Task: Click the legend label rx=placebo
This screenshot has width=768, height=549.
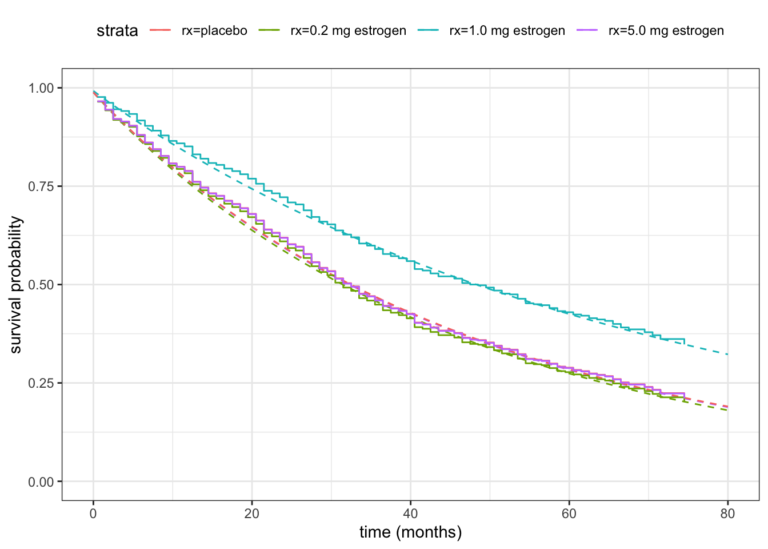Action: pyautogui.click(x=214, y=31)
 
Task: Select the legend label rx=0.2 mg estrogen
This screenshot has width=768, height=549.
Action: pyautogui.click(x=348, y=31)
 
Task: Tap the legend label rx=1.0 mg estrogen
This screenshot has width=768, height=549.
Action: pyautogui.click(x=507, y=31)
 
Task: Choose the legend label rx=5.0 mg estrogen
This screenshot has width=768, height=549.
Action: pyautogui.click(x=666, y=31)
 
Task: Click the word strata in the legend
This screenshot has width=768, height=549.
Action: pyautogui.click(x=117, y=31)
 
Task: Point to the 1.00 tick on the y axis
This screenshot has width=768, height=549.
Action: pyautogui.click(x=41, y=88)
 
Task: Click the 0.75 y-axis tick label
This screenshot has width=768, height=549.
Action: pyautogui.click(x=41, y=186)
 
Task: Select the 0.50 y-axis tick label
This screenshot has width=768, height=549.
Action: pyautogui.click(x=41, y=285)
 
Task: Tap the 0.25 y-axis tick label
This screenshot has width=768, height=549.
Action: pyautogui.click(x=41, y=383)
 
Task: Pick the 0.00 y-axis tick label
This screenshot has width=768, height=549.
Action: pyautogui.click(x=41, y=482)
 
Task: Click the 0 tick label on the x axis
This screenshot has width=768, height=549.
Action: pyautogui.click(x=93, y=514)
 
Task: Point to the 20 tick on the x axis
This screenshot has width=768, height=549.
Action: pyautogui.click(x=252, y=514)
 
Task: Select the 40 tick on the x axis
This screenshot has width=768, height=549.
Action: pyautogui.click(x=410, y=514)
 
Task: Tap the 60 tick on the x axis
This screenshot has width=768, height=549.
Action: pyautogui.click(x=569, y=514)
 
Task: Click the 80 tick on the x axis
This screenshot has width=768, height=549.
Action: pyautogui.click(x=727, y=514)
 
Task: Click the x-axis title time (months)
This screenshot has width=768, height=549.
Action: pyautogui.click(x=410, y=532)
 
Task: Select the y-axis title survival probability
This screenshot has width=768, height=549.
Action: pyautogui.click(x=16, y=285)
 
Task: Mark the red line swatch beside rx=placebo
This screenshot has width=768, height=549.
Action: pyautogui.click(x=161, y=31)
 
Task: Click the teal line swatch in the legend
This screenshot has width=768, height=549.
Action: pyautogui.click(x=428, y=31)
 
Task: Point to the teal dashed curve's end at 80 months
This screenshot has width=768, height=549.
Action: pyautogui.click(x=727, y=355)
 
